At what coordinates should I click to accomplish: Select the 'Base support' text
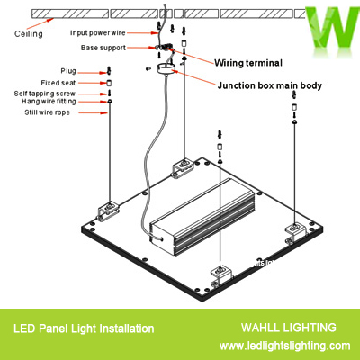click(x=103, y=47)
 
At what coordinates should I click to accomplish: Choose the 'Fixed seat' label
click(x=61, y=81)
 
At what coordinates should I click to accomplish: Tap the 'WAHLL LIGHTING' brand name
click(x=289, y=328)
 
